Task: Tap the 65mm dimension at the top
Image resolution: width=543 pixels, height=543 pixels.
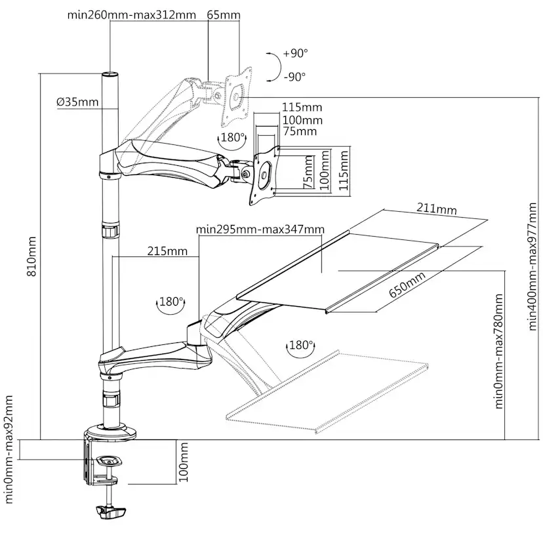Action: tap(224, 15)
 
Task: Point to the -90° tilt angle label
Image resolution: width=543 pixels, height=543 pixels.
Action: tap(295, 77)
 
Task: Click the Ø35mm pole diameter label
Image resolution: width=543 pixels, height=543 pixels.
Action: tap(77, 102)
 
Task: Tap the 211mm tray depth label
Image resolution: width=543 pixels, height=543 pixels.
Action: tap(436, 210)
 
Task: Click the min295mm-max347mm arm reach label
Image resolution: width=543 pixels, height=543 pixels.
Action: tap(260, 229)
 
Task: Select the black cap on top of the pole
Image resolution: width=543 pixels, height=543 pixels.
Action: tap(109, 75)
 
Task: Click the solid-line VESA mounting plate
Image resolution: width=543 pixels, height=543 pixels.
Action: tap(265, 176)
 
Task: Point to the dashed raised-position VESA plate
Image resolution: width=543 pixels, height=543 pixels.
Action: tap(237, 94)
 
